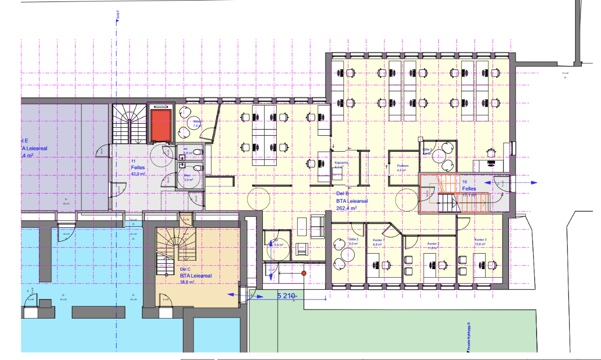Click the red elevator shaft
point(160,125)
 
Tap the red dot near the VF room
point(303,273)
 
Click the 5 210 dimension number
point(286,296)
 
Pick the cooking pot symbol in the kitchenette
point(491,152)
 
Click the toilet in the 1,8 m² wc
point(197,152)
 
